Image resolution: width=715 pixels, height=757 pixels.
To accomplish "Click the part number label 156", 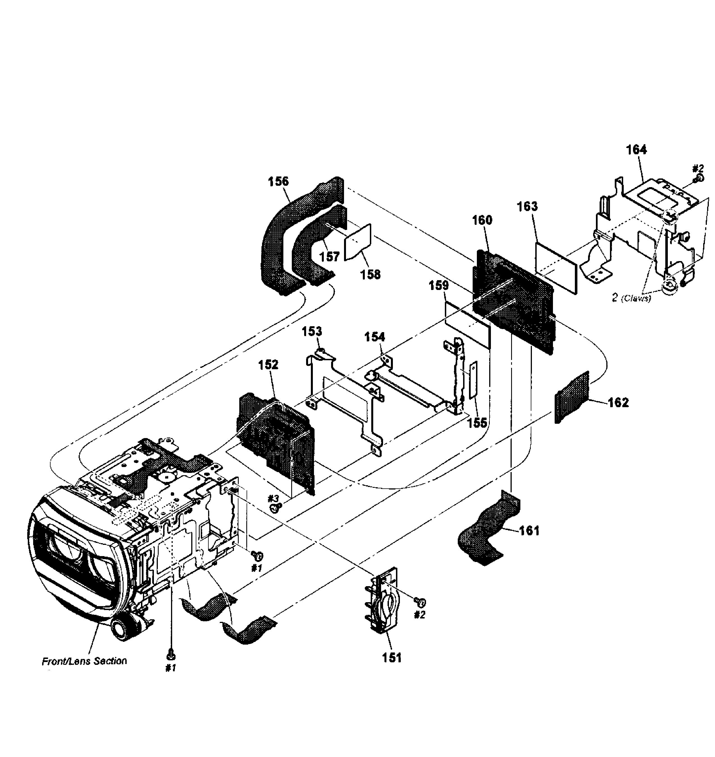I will pos(278,182).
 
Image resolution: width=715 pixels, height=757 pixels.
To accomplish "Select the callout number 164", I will pos(636,150).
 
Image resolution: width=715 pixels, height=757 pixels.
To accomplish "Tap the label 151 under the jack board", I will pos(392,658).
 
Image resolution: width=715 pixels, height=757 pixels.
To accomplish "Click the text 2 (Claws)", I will pos(632,298).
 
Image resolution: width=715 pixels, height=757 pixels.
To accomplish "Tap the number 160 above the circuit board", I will pos(482,220).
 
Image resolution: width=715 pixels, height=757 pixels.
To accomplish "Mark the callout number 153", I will pos(312,331).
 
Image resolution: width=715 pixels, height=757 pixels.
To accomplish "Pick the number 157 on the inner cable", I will pos(329,257).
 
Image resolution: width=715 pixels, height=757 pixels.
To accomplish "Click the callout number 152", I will pos(268,364).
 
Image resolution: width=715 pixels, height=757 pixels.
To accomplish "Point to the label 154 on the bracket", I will pos(375,337).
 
